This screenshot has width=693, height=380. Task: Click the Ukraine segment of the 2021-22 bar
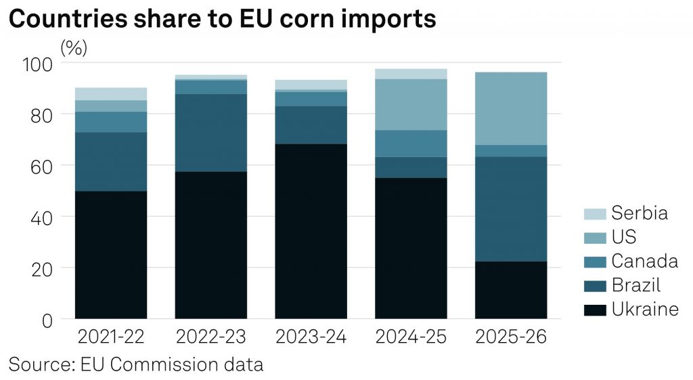pos(111,255)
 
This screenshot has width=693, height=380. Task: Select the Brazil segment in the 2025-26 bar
pos(511,209)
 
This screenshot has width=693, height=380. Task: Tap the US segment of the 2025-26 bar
pos(511,108)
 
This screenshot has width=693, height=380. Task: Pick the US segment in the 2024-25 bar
pos(411,104)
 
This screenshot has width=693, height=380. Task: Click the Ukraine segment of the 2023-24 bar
pos(311,231)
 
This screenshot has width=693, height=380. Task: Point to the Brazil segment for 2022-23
pos(211,133)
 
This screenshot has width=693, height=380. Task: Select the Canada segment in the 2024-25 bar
pos(411,144)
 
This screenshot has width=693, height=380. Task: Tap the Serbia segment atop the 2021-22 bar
pos(111,93)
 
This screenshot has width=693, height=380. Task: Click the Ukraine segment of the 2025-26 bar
pos(511,290)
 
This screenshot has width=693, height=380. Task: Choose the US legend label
pos(624,237)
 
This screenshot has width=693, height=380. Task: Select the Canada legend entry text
pos(644,261)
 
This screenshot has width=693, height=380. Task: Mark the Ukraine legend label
pos(644,310)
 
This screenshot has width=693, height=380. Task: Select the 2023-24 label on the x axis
pos(311,337)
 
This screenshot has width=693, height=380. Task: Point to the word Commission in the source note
pos(160,364)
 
